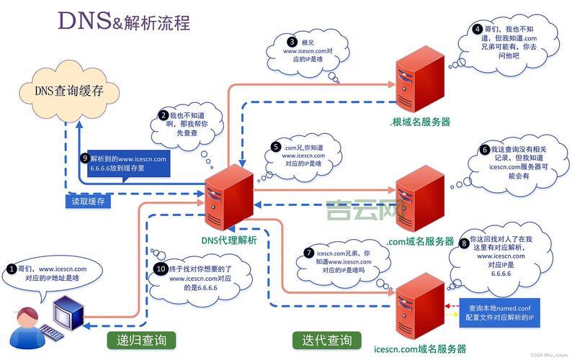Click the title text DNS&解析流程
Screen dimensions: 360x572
pyautogui.click(x=124, y=22)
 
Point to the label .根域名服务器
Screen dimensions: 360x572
pyautogui.click(x=421, y=122)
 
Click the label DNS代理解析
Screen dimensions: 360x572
pyautogui.click(x=228, y=240)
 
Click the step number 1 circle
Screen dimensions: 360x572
pyautogui.click(x=12, y=269)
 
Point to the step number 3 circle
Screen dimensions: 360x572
pyautogui.click(x=291, y=42)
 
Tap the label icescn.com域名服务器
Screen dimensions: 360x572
pyautogui.click(x=420, y=348)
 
